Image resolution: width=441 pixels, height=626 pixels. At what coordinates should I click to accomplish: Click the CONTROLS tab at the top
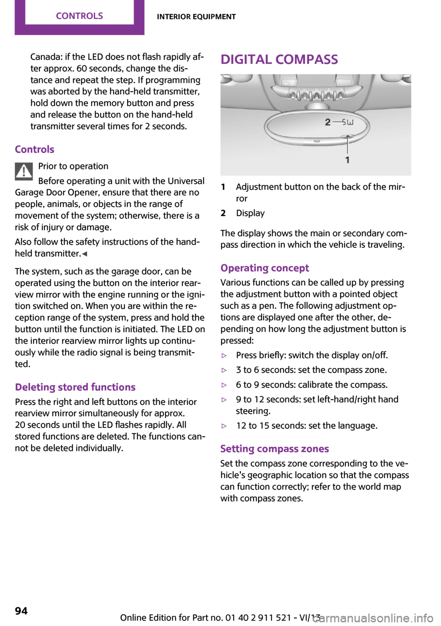click(x=79, y=16)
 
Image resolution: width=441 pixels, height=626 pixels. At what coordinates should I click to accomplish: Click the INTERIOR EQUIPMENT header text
click(x=196, y=17)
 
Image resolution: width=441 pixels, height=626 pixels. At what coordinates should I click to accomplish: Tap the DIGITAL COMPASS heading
click(x=279, y=60)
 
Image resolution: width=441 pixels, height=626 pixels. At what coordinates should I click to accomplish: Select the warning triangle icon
click(x=23, y=171)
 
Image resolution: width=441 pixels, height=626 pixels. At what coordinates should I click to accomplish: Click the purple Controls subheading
click(x=34, y=149)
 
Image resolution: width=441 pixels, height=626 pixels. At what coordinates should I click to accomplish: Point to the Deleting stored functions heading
click(x=75, y=387)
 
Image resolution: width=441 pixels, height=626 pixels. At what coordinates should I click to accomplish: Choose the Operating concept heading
click(x=265, y=268)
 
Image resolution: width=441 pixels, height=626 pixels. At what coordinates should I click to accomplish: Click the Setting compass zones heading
click(x=275, y=449)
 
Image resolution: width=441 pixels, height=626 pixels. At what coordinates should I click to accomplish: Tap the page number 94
click(x=21, y=611)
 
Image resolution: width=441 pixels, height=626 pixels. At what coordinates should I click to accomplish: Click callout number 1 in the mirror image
click(x=347, y=160)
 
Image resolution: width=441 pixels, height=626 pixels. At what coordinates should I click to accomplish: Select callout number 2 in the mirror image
click(x=328, y=122)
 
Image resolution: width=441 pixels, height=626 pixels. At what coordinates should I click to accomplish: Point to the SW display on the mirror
click(x=348, y=122)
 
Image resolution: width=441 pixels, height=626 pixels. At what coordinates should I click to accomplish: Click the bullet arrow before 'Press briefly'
click(x=224, y=355)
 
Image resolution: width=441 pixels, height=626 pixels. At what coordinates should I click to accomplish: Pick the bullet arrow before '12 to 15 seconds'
click(x=224, y=426)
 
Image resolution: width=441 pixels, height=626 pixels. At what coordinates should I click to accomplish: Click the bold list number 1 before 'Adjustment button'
click(x=223, y=187)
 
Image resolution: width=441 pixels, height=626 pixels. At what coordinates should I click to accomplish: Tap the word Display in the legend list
click(x=250, y=213)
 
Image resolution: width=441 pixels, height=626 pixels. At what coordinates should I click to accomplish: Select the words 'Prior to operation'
click(x=73, y=166)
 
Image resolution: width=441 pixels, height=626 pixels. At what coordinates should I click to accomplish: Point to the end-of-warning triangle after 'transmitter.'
click(x=85, y=254)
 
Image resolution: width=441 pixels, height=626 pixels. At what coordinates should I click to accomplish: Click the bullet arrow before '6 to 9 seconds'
click(x=224, y=385)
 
